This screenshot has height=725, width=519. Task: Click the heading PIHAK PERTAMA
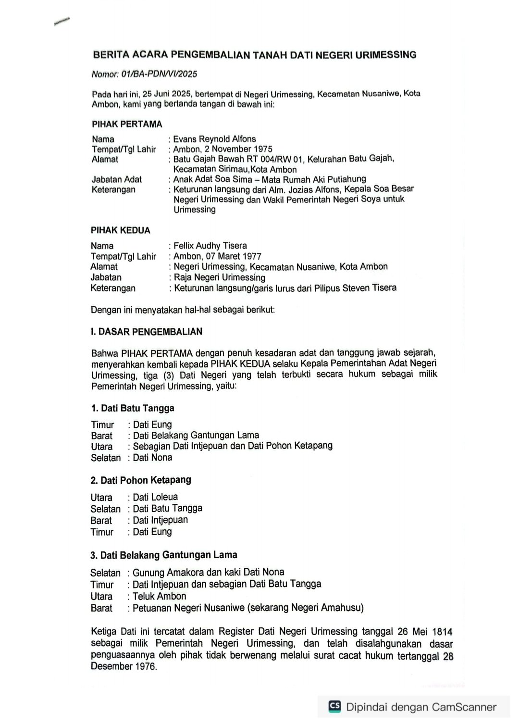point(127,124)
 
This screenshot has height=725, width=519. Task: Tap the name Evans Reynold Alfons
point(214,139)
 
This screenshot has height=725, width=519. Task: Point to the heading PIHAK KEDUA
point(121,230)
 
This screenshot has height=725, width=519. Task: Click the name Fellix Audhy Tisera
point(210,246)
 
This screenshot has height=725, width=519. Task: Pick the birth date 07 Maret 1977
point(234,256)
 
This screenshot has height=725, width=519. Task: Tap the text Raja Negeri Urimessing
point(219,277)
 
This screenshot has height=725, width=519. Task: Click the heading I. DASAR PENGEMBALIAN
point(147,332)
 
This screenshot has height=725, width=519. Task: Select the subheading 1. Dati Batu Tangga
point(133,408)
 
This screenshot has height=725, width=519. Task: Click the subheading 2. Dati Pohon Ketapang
point(141,480)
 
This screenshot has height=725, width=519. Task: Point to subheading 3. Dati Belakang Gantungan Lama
point(163,555)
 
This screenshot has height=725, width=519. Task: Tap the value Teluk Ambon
point(159,596)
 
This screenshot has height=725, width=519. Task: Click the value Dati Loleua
point(155,497)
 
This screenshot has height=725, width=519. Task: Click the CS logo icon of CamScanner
point(335,706)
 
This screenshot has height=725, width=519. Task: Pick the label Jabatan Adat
point(117,179)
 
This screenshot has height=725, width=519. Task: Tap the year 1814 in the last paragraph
point(442,632)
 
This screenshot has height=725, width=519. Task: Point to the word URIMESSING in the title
point(385,55)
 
